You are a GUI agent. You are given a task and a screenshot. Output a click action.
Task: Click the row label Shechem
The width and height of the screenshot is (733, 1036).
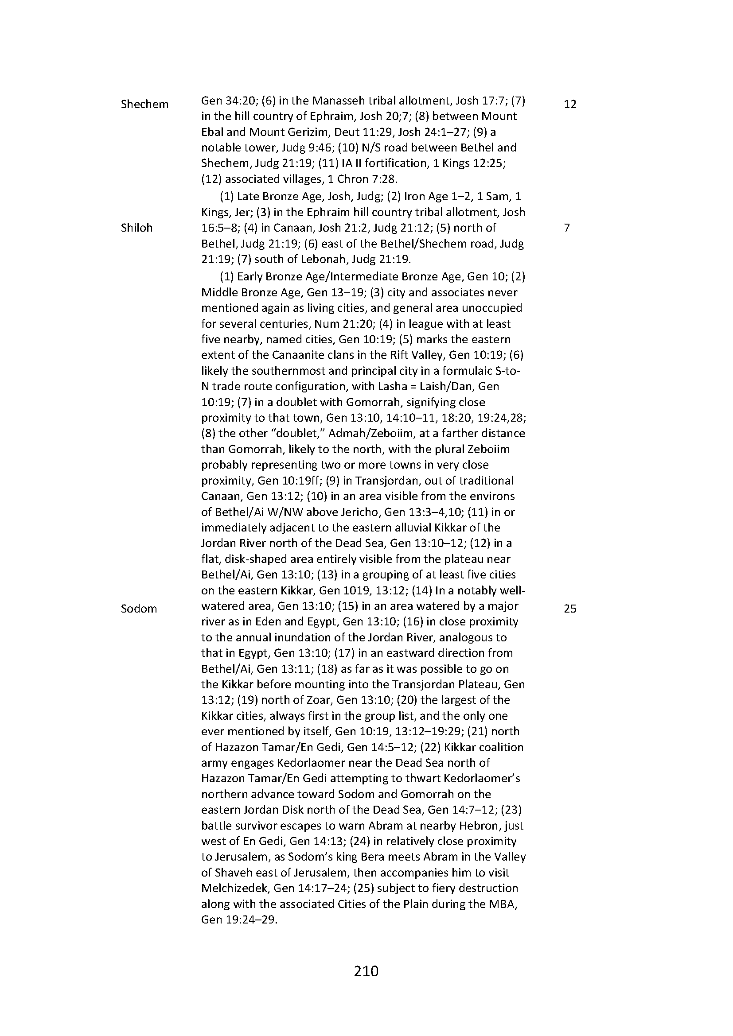coord(144,104)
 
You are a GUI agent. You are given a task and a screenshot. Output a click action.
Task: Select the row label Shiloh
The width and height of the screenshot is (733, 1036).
coord(137,228)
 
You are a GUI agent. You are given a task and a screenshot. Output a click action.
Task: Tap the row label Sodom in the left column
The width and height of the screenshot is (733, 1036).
coord(139,609)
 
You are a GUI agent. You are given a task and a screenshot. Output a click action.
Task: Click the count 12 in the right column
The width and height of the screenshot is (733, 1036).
coord(570,104)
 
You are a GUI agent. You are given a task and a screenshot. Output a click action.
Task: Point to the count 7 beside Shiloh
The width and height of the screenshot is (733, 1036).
coord(567,228)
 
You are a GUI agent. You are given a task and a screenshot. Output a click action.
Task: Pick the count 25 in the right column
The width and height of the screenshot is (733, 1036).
coord(570,609)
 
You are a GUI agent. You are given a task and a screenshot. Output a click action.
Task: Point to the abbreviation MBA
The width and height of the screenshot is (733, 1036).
coord(502,904)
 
